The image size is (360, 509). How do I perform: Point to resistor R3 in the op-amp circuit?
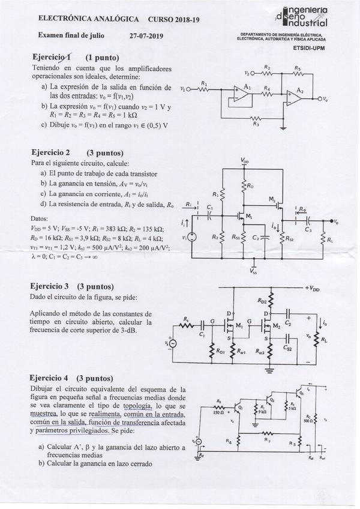pos(256,118)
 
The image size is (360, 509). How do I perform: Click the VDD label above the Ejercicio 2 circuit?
pos(245,161)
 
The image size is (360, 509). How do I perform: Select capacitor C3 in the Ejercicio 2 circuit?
pos(308,223)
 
